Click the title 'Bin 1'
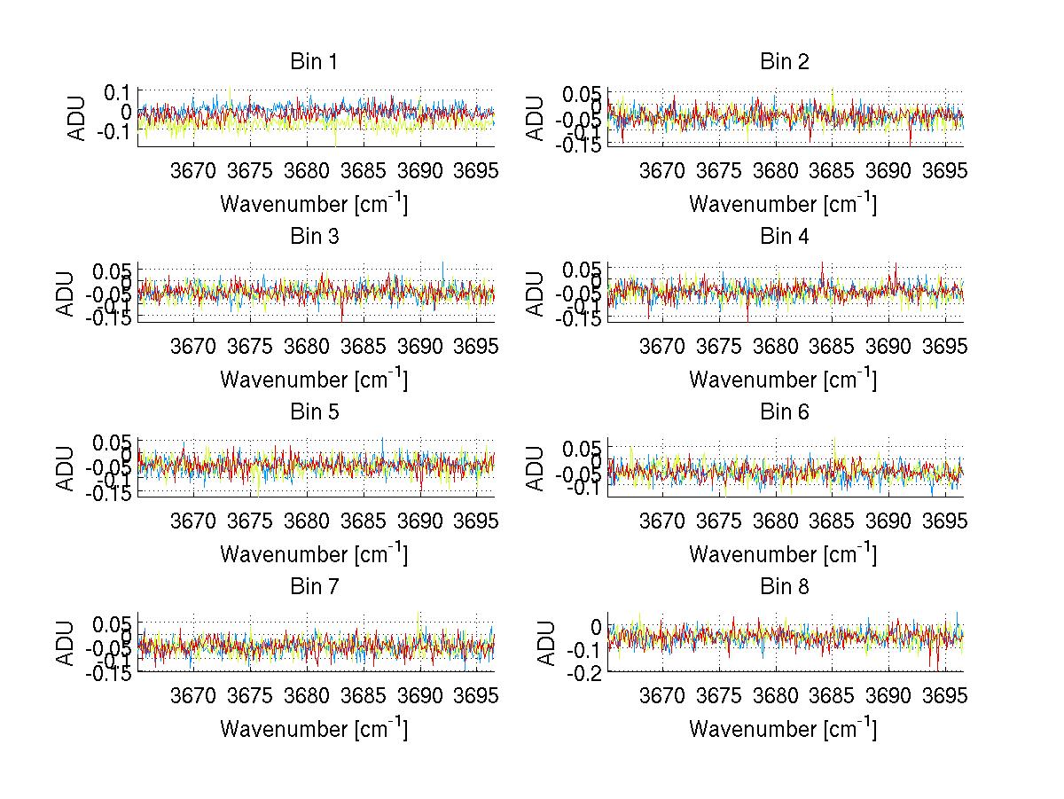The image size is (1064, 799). [314, 62]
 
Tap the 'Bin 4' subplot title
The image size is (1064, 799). [784, 237]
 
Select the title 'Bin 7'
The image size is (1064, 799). [314, 587]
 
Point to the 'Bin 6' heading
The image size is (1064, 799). [784, 412]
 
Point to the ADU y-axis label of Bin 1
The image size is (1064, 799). [78, 117]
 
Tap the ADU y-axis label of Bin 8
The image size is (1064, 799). [547, 643]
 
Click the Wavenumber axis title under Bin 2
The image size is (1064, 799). [783, 203]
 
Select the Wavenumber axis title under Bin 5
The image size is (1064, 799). [314, 553]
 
